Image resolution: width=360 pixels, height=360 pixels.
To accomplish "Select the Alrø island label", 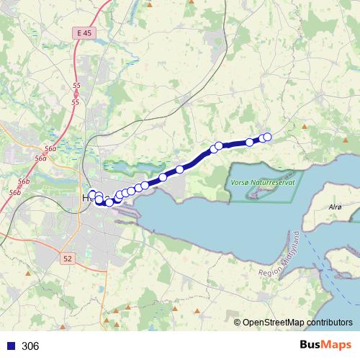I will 335,206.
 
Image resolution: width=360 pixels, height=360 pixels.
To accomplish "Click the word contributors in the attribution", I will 332,322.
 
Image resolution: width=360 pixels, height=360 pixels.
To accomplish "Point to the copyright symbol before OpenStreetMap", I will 238,322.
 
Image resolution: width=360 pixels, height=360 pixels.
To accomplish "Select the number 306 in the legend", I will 30,346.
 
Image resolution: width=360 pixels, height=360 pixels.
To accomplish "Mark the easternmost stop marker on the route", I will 267,137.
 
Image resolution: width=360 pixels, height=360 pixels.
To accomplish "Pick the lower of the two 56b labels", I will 15,193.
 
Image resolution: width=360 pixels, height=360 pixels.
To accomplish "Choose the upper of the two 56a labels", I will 50,148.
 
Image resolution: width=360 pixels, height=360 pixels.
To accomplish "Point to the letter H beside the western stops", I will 86,198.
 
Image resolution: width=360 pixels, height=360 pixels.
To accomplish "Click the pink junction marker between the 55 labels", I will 76,94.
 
